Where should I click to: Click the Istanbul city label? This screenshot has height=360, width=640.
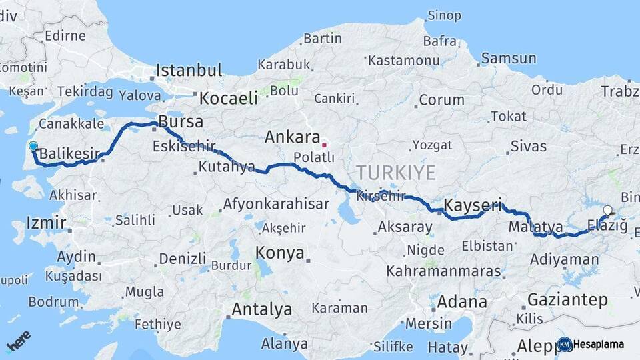[189, 71]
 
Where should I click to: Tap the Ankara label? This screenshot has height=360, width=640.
[293, 137]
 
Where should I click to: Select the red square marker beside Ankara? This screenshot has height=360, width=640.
[324, 144]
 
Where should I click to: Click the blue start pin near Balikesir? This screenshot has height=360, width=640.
[33, 146]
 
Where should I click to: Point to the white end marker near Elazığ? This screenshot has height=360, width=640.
[607, 211]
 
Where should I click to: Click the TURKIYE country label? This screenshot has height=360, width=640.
[396, 173]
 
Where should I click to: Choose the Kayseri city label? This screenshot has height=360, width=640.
[471, 204]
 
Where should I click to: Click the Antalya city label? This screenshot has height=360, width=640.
[261, 309]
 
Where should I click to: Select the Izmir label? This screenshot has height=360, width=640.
[46, 223]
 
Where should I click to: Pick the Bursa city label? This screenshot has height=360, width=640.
[180, 123]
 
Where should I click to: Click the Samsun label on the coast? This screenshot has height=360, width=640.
[508, 59]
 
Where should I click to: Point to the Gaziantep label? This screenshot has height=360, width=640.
[567, 299]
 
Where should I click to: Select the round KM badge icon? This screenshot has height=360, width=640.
[565, 344]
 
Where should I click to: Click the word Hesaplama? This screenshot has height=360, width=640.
[599, 344]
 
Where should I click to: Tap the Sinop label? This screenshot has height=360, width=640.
[444, 15]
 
